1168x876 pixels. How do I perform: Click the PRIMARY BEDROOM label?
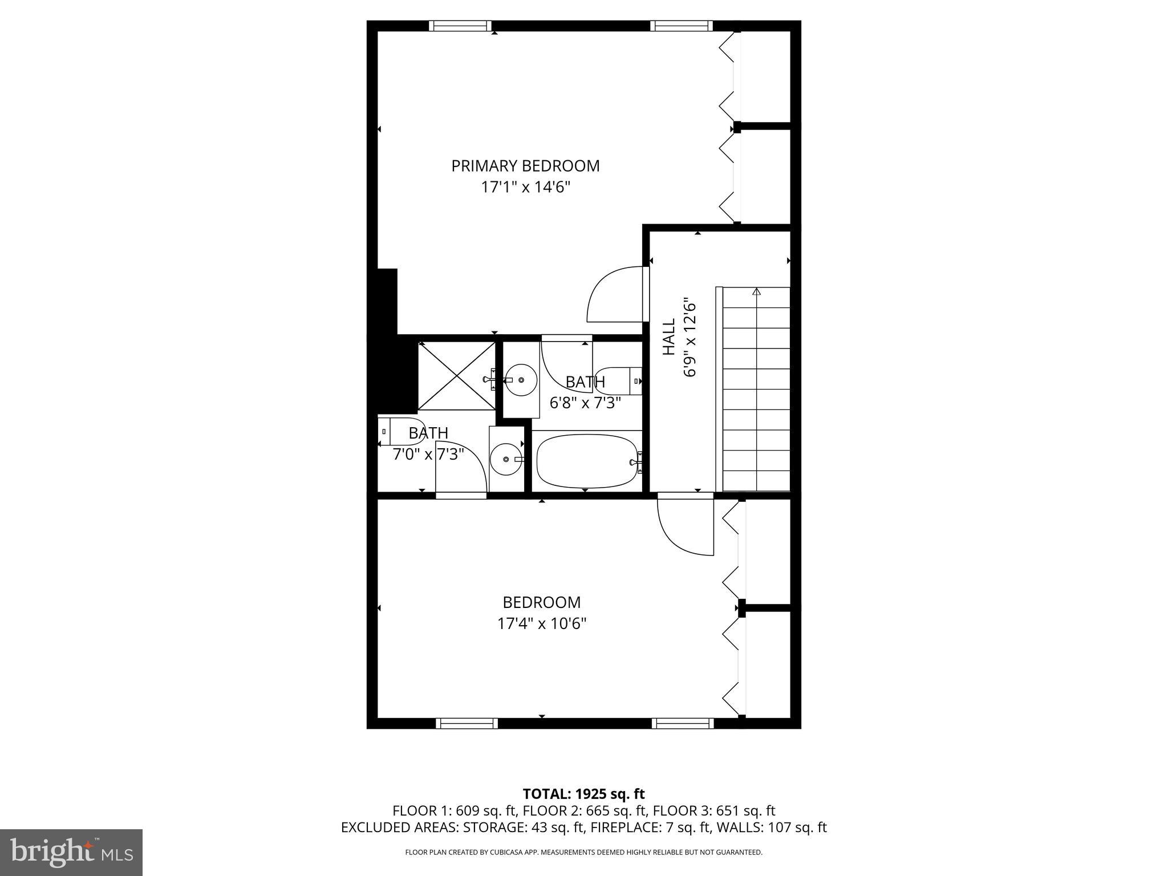click(525, 166)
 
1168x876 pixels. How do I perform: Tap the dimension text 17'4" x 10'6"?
click(542, 623)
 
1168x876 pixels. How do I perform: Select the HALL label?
click(668, 336)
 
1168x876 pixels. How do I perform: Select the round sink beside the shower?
click(521, 379)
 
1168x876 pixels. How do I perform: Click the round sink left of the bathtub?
click(506, 459)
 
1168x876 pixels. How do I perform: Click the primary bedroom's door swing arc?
click(613, 294)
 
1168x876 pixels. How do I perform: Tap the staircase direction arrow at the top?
click(757, 291)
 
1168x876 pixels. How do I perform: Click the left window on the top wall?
click(460, 26)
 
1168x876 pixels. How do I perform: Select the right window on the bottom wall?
click(683, 723)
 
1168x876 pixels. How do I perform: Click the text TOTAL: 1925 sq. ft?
click(583, 794)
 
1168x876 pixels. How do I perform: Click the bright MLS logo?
click(71, 853)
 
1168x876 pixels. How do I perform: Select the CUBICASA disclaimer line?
click(583, 853)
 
